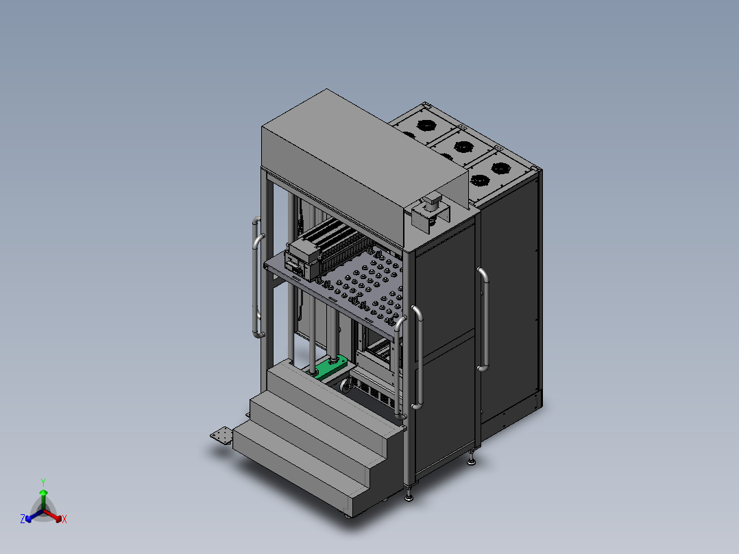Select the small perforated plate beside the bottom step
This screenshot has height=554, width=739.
coord(221,435)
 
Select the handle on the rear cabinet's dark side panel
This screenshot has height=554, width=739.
coord(483,320)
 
